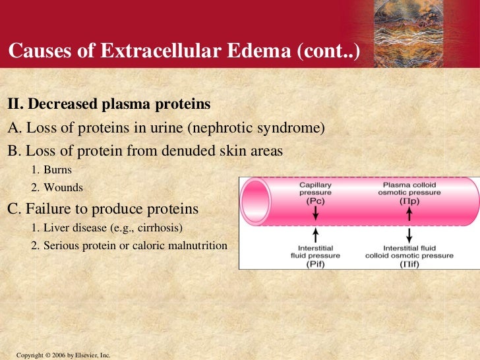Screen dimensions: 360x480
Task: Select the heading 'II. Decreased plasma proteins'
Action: pos(109,104)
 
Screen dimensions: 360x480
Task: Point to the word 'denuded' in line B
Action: pos(181,151)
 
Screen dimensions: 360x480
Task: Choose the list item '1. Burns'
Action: pos(51,169)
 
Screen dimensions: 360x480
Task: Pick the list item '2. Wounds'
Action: pos(57,188)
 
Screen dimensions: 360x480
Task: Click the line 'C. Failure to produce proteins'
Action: pos(103,209)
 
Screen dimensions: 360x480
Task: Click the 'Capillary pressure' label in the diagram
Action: pos(316,190)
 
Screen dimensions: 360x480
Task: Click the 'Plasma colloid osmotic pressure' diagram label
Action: pos(409,190)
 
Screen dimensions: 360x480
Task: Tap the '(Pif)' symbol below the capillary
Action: pos(315,264)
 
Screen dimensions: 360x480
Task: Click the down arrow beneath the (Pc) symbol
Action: pos(316,214)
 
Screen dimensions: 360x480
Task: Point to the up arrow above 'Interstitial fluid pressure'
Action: pos(316,235)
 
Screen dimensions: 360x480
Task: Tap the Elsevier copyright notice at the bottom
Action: pos(63,355)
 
